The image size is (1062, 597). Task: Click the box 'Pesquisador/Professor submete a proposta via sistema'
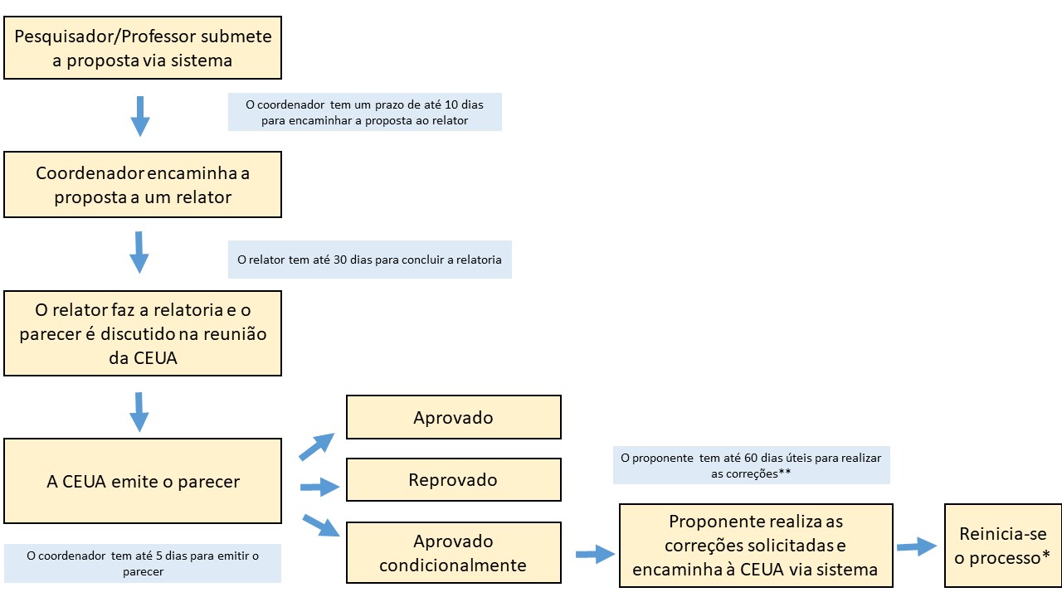pos(143,48)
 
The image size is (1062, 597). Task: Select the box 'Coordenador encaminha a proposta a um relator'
pos(143,185)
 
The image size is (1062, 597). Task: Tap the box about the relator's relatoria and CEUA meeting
pos(143,333)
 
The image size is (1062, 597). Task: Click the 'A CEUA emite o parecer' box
pos(143,481)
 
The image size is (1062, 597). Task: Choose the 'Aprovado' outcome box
pos(454,417)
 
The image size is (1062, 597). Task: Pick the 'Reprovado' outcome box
pos(454,480)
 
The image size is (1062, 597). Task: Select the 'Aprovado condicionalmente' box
pos(454,553)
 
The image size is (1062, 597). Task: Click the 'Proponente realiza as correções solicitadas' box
pos(756,546)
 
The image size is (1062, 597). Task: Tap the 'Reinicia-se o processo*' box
pos(1003,546)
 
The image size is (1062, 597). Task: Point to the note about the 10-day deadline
pos(365,112)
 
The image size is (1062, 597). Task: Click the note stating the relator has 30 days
pos(370,260)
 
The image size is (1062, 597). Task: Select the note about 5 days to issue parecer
pos(143,563)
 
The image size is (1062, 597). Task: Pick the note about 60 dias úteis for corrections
pos(752,465)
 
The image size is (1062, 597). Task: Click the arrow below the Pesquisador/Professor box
pos(140,117)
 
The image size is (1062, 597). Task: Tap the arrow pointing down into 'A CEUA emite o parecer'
pos(139,412)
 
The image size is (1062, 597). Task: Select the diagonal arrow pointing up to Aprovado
pos(317,446)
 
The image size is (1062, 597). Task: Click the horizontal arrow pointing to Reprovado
pos(320,487)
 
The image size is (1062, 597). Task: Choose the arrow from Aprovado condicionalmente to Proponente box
pos(596,554)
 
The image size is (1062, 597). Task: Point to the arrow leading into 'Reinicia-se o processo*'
pos(917,546)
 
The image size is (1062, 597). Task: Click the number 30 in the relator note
pos(340,260)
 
